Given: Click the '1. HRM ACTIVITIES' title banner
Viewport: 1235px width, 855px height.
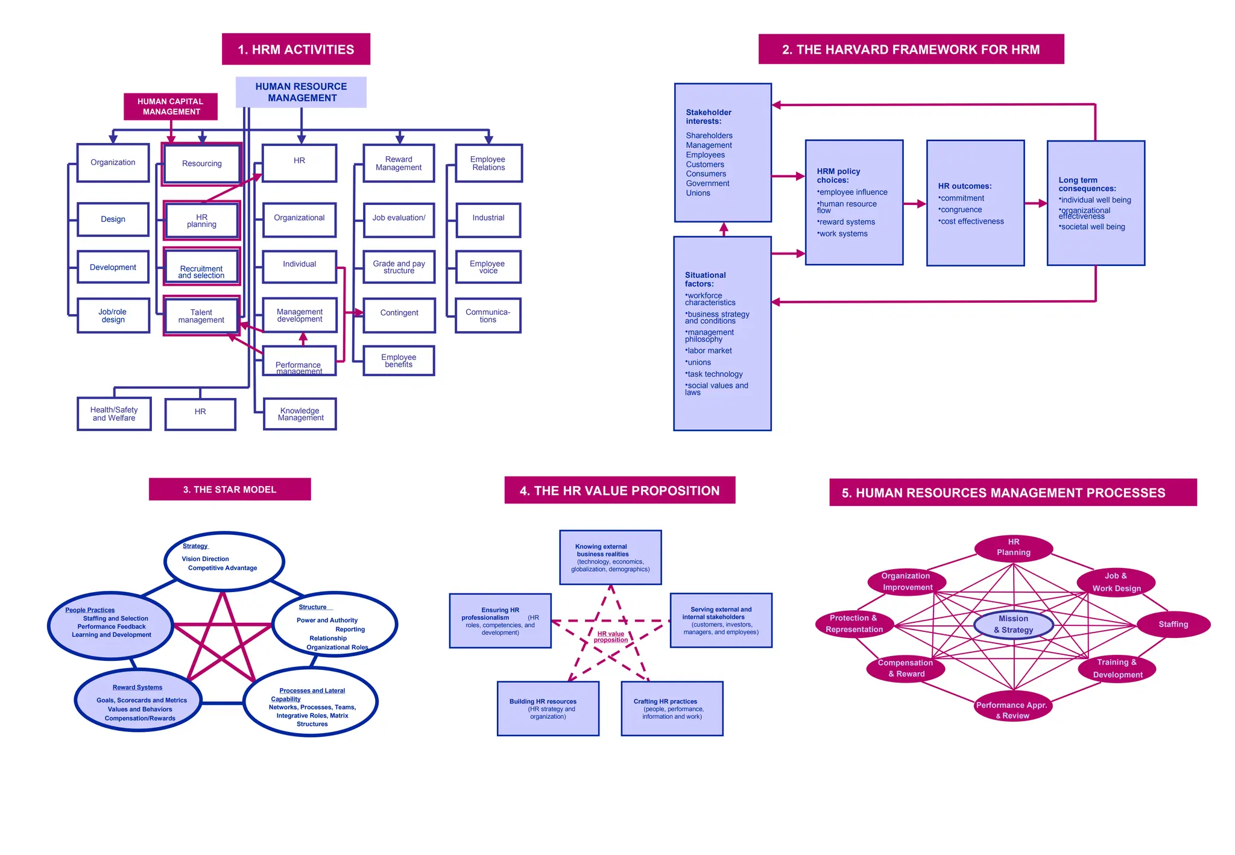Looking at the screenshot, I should click(x=295, y=49).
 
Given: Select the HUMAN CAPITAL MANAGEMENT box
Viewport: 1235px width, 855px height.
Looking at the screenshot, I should click(x=171, y=107).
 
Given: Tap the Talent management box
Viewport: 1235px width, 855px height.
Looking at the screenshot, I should click(x=201, y=316).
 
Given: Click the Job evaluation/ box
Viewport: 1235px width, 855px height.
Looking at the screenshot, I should click(x=399, y=219).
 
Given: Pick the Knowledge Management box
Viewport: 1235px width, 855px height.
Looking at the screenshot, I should click(x=300, y=414).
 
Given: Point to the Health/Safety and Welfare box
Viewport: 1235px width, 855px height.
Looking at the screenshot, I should click(x=114, y=414).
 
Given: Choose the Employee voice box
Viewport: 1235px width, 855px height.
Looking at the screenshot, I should click(x=488, y=267).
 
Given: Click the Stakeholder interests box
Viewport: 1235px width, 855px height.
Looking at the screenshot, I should click(x=722, y=153).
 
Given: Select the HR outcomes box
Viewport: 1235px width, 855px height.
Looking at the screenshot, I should click(x=975, y=203).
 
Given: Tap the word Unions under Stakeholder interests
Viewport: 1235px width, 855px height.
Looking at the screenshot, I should click(x=698, y=194).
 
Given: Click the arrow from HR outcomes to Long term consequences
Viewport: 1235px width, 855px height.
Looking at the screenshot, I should click(x=1035, y=204).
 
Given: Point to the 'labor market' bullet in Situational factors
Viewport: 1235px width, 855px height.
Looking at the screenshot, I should click(x=709, y=351).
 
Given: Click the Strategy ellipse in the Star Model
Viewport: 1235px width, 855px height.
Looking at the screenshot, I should click(x=224, y=560).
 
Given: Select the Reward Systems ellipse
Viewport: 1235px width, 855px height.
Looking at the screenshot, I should click(x=138, y=701).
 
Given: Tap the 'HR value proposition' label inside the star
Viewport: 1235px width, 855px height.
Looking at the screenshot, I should click(x=610, y=637).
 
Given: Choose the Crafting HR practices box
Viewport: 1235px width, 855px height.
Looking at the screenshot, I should click(x=672, y=708).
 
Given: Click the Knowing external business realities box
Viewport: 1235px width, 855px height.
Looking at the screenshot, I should click(x=610, y=558).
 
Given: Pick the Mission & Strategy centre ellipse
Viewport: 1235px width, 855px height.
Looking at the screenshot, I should click(x=1013, y=625).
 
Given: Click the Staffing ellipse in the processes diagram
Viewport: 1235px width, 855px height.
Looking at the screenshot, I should click(x=1173, y=625).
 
